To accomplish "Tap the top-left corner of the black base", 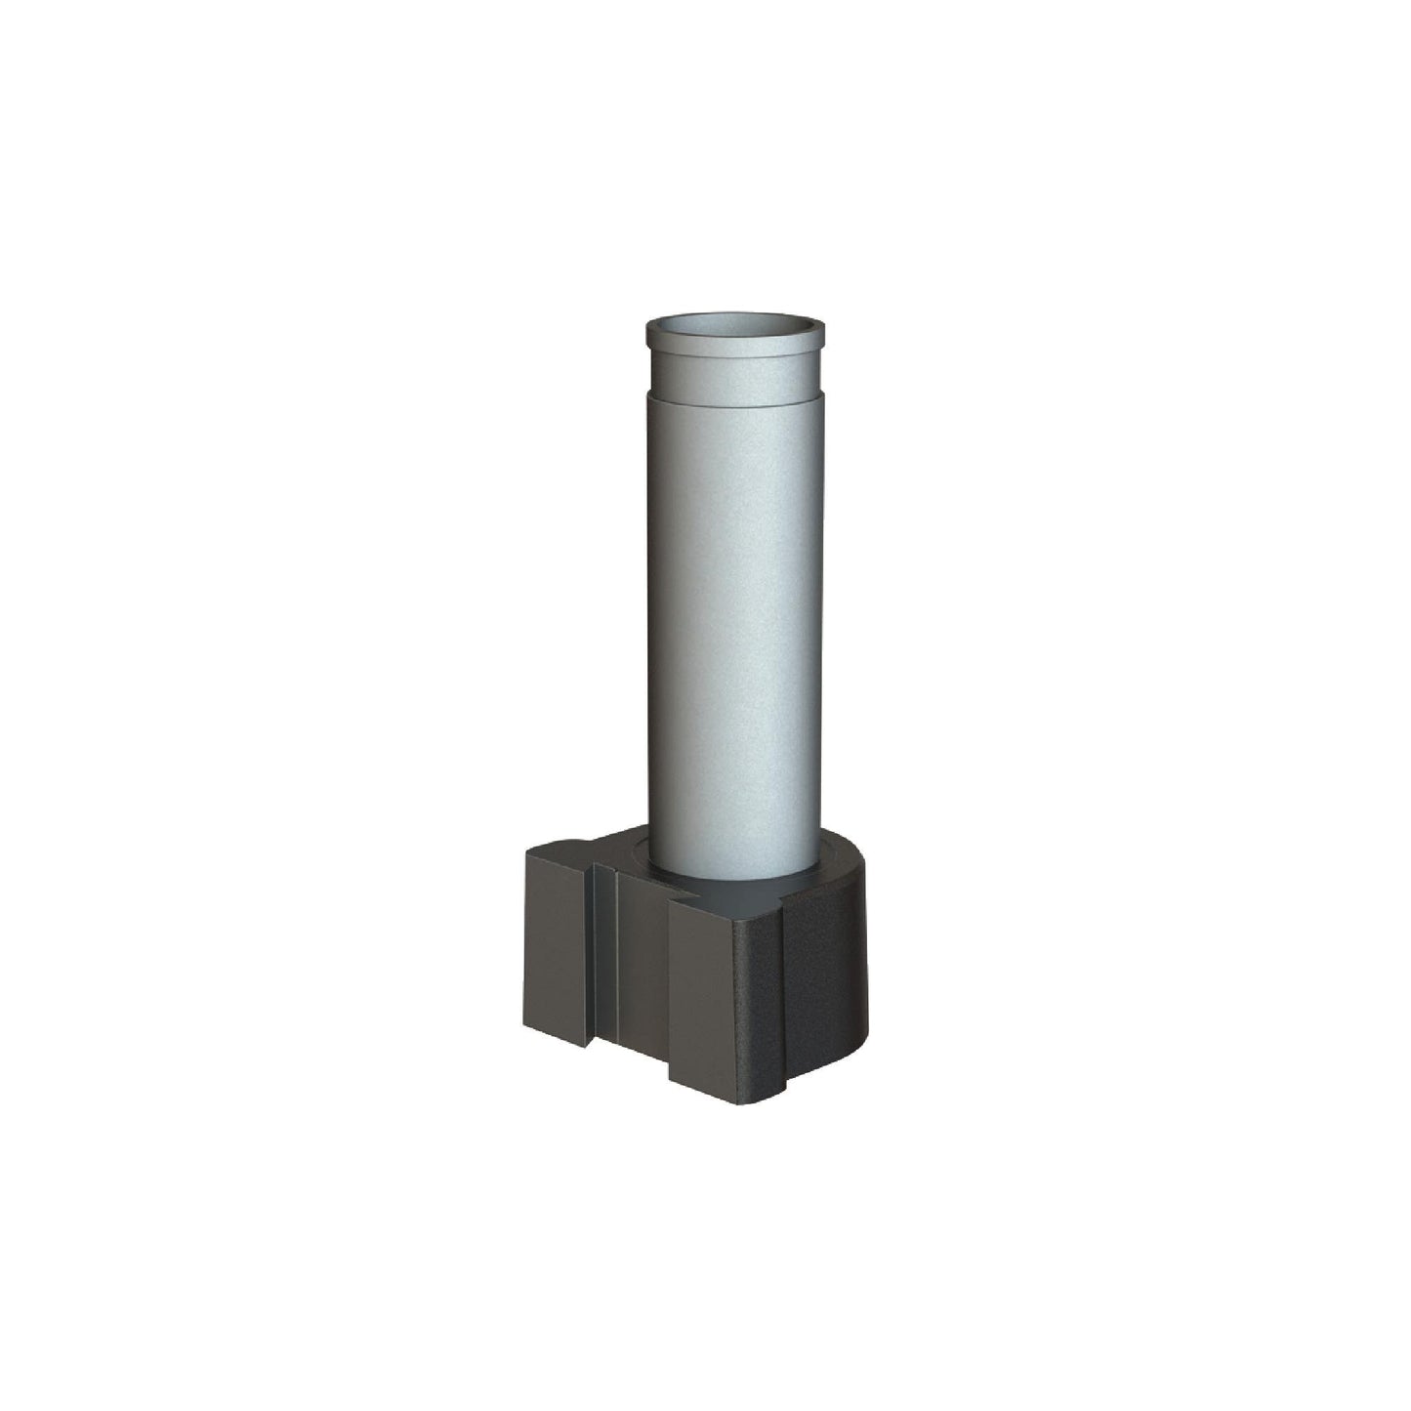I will pyautogui.click(x=527, y=852).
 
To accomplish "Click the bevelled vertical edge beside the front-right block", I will pyautogui.click(x=782, y=996).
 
